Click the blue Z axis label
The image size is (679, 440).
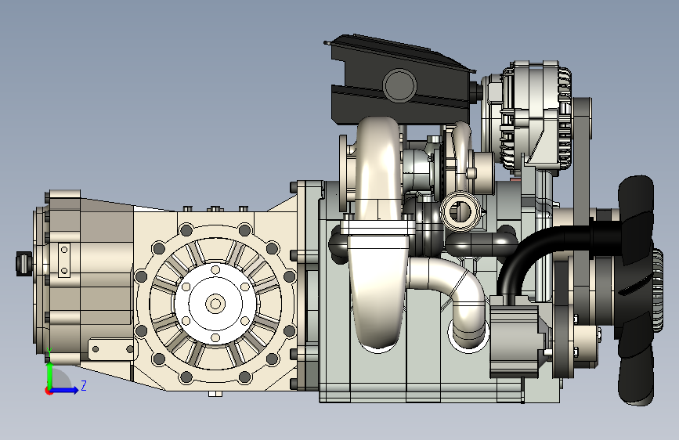[x=84, y=385]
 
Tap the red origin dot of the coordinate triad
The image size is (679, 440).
[x=49, y=391]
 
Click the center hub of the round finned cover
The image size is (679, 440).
[x=215, y=303]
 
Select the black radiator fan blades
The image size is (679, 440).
[x=636, y=290]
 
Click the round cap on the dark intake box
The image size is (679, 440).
[x=399, y=85]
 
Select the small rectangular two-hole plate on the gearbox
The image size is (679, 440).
[x=64, y=260]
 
